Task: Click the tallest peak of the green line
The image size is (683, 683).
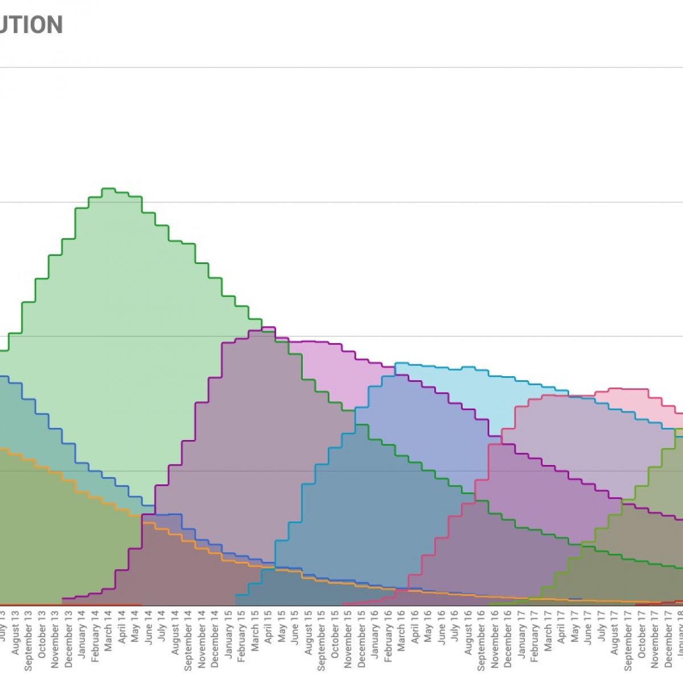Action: tap(109, 188)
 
